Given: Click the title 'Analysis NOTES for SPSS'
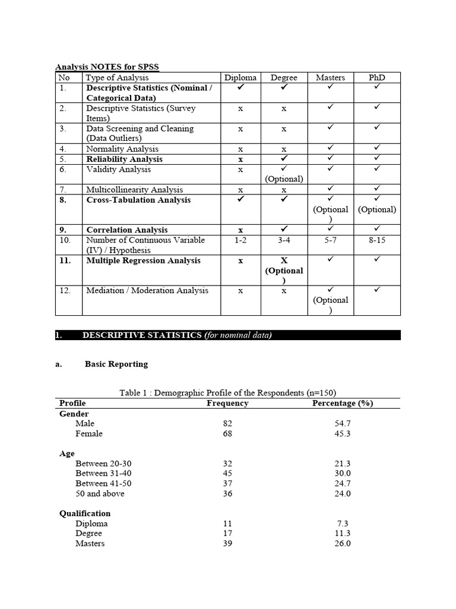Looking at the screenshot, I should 107,67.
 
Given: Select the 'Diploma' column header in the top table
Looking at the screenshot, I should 240,78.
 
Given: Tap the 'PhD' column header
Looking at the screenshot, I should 376,78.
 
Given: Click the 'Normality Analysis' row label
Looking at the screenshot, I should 122,149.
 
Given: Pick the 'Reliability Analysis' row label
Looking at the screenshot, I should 124,159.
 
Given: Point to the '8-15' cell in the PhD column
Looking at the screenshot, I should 376,240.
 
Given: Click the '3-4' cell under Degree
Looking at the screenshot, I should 284,240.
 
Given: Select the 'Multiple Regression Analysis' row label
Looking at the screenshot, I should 143,260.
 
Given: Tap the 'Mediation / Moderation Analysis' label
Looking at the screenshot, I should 147,291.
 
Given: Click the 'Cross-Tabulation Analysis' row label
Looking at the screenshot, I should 138,200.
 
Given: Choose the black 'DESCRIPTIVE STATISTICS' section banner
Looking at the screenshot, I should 227,335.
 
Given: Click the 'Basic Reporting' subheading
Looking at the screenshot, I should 116,364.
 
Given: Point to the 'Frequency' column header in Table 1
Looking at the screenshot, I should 227,403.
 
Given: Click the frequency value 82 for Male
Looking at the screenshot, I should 227,423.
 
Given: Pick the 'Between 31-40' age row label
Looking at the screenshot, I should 100,473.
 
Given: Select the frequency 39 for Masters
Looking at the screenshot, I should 227,544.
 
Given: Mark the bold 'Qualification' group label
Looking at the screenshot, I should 85,513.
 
